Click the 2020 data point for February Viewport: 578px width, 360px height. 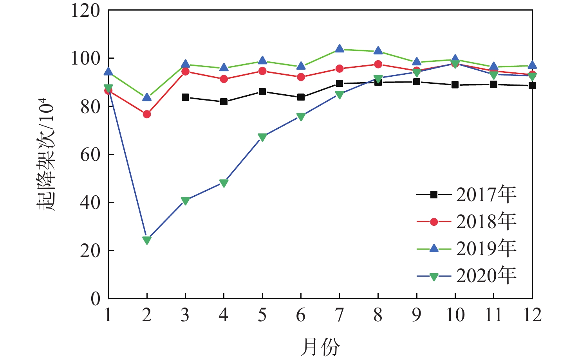click(x=147, y=240)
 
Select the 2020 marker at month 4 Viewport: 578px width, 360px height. click(x=224, y=183)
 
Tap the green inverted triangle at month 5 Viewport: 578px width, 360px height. click(x=262, y=137)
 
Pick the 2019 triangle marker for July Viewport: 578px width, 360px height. click(x=340, y=49)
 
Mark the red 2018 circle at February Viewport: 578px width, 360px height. click(x=147, y=114)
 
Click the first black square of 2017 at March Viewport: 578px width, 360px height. click(x=185, y=97)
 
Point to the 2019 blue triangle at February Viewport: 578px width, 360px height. click(x=147, y=97)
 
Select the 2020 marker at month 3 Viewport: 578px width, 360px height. click(x=185, y=201)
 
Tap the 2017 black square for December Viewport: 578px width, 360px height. click(x=532, y=85)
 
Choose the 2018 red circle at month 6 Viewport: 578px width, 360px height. click(x=301, y=77)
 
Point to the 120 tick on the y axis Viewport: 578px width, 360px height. click(x=85, y=11)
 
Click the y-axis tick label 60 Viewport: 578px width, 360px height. click(x=90, y=155)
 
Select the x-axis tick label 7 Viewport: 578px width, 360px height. click(x=340, y=315)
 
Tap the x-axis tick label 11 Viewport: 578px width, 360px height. click(x=493, y=315)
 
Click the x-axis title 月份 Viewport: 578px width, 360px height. click(x=320, y=346)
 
